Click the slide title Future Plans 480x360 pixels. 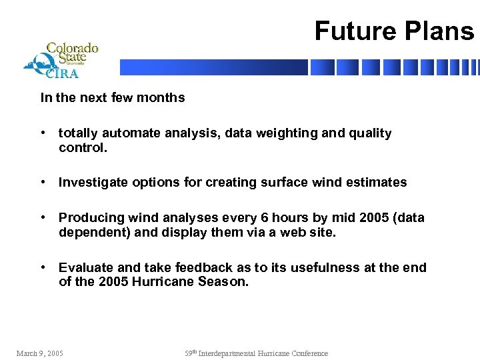394,31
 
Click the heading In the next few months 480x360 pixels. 113,98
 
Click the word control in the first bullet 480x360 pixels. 81,147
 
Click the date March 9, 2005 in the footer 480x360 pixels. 40,353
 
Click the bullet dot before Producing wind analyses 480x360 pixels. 43,218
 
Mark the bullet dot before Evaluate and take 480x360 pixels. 43,267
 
